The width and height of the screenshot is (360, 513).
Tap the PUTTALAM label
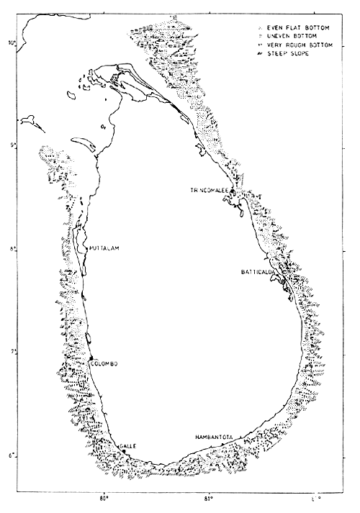[102, 248]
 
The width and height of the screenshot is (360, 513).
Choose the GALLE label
[127, 446]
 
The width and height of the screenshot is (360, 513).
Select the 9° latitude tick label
[11, 146]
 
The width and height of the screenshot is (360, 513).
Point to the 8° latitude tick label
[11, 249]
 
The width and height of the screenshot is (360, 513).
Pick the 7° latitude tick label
[11, 352]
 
